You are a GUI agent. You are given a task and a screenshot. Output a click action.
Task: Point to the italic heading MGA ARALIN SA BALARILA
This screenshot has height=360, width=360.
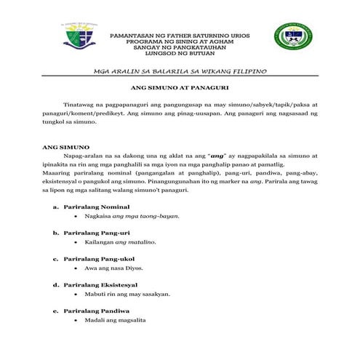(x=180, y=71)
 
